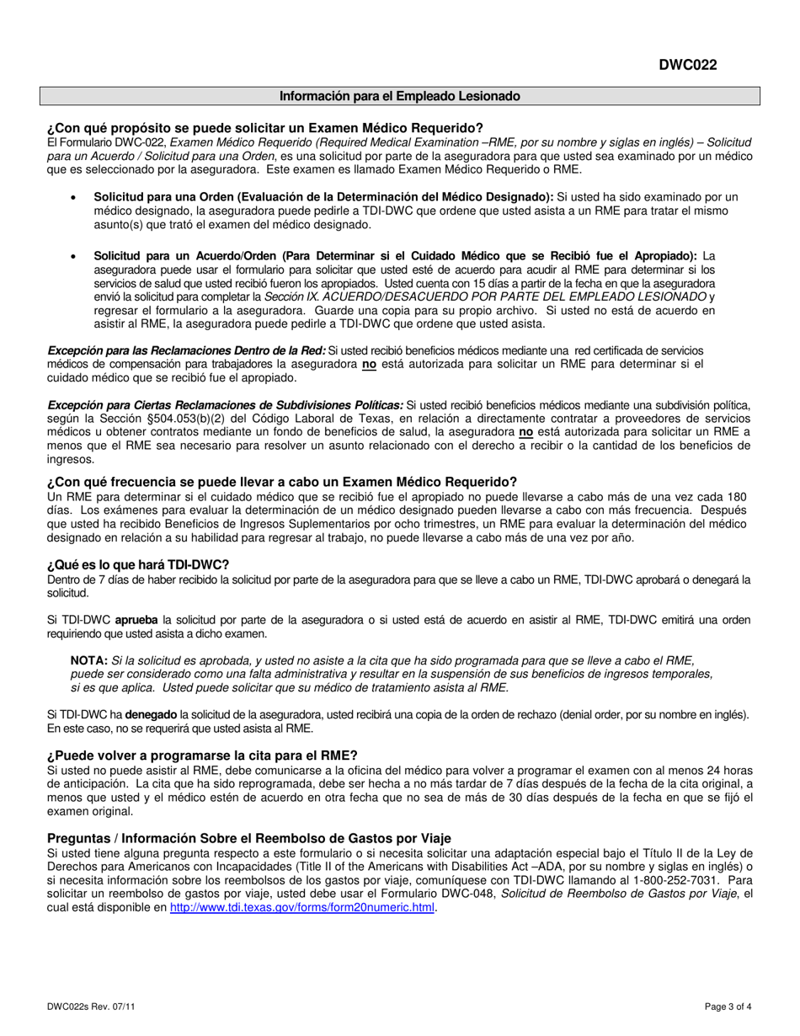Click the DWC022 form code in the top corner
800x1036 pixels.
(x=688, y=66)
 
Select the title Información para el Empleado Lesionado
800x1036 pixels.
(x=400, y=96)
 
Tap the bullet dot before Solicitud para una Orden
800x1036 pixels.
(x=76, y=196)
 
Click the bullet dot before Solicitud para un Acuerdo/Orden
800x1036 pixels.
(x=76, y=256)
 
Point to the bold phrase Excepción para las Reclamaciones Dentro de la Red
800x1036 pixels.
(x=186, y=350)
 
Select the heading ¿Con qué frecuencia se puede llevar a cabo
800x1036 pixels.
(x=282, y=482)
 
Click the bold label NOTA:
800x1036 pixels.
(x=89, y=660)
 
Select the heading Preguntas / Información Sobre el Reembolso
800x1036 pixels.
(x=248, y=838)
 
